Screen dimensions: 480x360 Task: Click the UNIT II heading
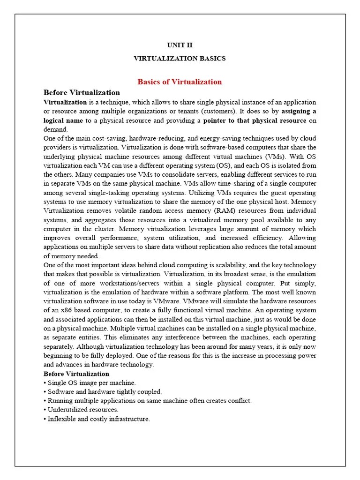coord(180,45)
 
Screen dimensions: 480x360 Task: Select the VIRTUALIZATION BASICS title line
coord(180,59)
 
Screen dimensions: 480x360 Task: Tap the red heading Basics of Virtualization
coord(180,82)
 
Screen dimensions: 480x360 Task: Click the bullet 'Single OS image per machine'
coord(91,383)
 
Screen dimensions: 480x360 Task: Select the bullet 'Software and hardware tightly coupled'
coord(104,392)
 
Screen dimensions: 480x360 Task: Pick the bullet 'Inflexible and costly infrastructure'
coord(98,419)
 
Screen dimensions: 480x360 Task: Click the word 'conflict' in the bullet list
coord(240,401)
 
